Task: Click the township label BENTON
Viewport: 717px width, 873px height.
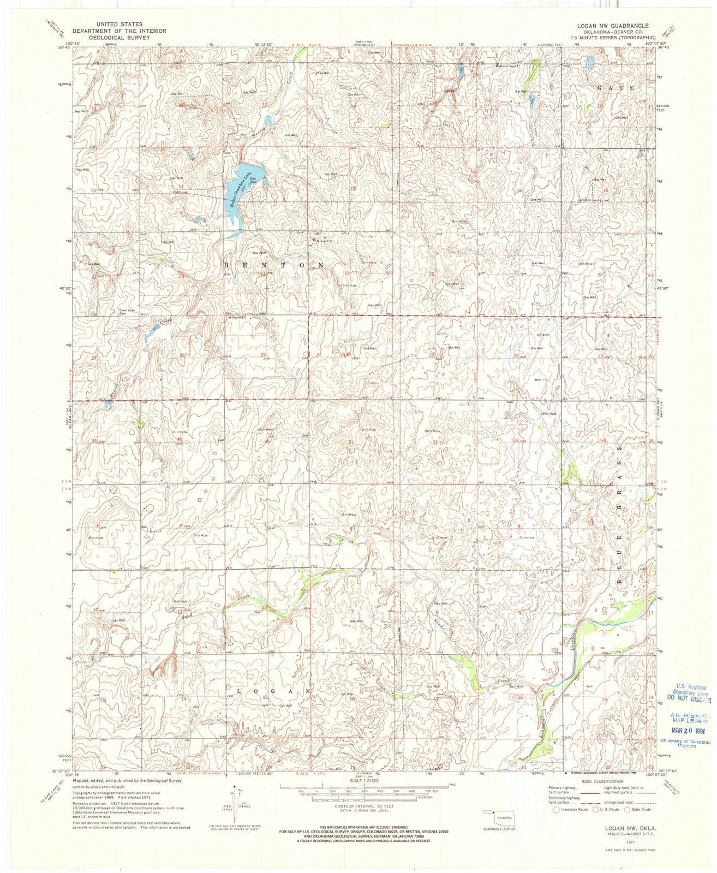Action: pos(273,264)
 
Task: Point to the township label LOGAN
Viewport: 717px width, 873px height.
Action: pos(271,691)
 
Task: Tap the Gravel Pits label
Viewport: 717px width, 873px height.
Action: pos(322,241)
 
